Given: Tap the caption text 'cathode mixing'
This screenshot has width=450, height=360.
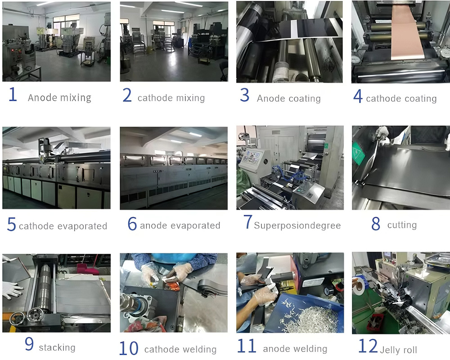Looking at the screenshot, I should pos(171,98).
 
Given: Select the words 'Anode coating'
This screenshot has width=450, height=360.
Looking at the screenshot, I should pos(288,98).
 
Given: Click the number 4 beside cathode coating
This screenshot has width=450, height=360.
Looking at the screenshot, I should pos(358,96).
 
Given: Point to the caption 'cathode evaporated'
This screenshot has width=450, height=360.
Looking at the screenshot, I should pos(63,226).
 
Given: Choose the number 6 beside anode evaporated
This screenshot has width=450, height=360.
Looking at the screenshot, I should pos(132,224).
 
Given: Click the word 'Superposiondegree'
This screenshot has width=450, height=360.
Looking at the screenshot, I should pos(297,225).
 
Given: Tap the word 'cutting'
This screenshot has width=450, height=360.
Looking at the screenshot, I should pos(402,225).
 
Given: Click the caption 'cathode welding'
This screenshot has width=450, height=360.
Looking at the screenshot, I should pos(180,349).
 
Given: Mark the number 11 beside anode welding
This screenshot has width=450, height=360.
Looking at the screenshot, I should pos(246,346).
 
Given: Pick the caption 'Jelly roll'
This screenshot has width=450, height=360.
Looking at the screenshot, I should pos(399,350).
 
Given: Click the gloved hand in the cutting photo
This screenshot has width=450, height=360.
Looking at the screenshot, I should pos(382,132).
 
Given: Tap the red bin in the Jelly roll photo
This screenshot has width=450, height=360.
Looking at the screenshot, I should pos(374,321).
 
